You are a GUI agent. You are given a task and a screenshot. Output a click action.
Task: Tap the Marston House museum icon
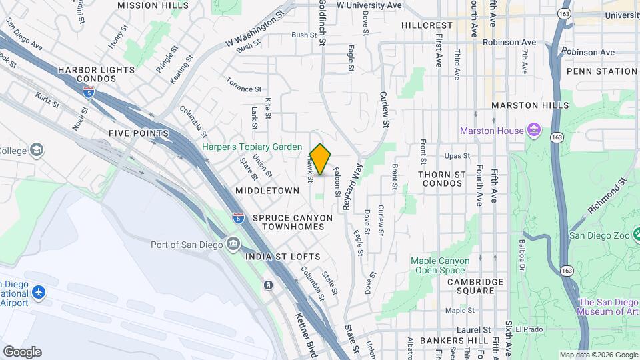coord(533,130)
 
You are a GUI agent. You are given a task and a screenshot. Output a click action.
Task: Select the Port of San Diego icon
coord(233,244)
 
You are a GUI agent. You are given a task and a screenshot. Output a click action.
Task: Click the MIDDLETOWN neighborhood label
coord(267,191)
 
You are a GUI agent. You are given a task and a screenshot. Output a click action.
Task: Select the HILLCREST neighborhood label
coord(427,25)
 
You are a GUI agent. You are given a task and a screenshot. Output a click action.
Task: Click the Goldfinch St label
coord(321,23)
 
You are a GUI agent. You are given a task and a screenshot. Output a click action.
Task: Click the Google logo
coord(22,352)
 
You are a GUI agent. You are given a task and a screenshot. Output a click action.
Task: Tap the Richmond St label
coord(608,195)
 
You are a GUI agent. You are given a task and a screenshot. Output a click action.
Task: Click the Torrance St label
coord(243,89)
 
